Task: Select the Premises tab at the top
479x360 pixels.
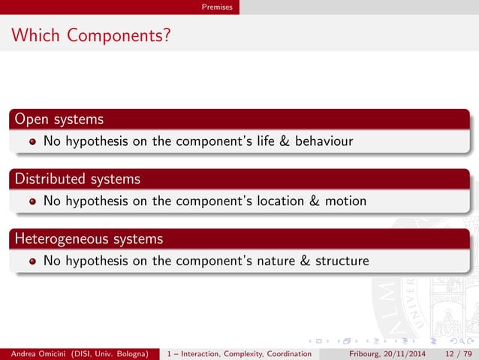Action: (x=216, y=7)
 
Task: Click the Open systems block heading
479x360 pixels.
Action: (x=59, y=119)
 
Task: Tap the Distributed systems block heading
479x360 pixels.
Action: (x=77, y=179)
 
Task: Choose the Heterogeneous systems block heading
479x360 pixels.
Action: (x=89, y=239)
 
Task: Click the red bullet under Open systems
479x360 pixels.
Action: (x=32, y=141)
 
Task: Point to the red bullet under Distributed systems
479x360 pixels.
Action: (x=32, y=201)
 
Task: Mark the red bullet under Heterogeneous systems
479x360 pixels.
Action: (x=32, y=262)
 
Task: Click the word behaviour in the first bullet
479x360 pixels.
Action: (x=323, y=141)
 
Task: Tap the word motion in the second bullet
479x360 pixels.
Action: (x=345, y=201)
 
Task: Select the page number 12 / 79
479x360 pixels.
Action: (x=459, y=353)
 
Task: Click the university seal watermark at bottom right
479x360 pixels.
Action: (x=443, y=286)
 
